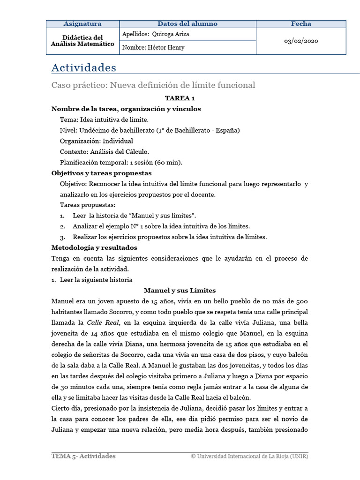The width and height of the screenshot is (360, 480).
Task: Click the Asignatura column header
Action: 82,24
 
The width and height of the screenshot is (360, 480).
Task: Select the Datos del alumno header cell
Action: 187,24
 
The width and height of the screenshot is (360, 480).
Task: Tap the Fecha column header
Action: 301,24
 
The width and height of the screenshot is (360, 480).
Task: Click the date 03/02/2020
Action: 301,41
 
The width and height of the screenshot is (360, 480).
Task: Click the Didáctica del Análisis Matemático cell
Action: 82,40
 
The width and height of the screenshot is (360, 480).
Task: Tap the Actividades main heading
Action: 83,68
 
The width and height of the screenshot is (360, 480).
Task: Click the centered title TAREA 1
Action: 180,98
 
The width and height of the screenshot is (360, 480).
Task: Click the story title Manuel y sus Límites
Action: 180,291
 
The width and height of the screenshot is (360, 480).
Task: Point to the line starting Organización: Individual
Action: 97,141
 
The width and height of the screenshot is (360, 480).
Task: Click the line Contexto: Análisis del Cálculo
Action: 105,151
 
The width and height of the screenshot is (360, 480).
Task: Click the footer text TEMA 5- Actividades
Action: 83,456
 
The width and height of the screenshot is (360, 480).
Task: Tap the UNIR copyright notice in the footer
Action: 249,457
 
